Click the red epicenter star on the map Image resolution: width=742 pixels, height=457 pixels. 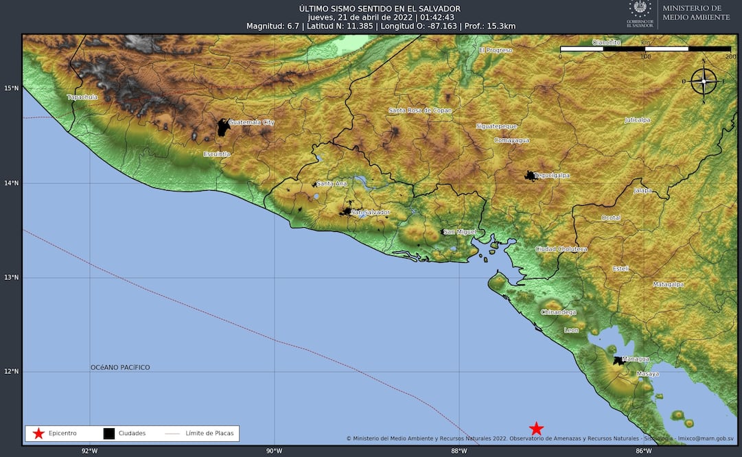536,429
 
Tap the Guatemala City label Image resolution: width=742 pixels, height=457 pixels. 251,122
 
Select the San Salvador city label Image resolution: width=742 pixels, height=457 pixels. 371,213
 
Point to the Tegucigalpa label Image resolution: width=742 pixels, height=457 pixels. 552,176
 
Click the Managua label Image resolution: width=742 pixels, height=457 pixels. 636,359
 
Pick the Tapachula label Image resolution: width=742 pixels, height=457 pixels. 82,97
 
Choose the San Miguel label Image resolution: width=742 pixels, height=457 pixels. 459,232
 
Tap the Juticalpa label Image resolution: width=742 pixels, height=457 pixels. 637,120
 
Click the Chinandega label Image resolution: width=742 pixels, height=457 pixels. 559,313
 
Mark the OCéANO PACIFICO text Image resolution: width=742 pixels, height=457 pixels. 120,368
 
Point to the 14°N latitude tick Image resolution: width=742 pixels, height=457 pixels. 10,183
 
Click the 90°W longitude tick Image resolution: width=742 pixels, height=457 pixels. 274,451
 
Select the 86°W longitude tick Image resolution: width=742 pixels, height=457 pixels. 643,451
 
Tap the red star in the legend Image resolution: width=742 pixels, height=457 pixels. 38,434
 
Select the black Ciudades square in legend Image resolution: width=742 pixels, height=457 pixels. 109,434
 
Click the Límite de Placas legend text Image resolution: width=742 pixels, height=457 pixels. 210,434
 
